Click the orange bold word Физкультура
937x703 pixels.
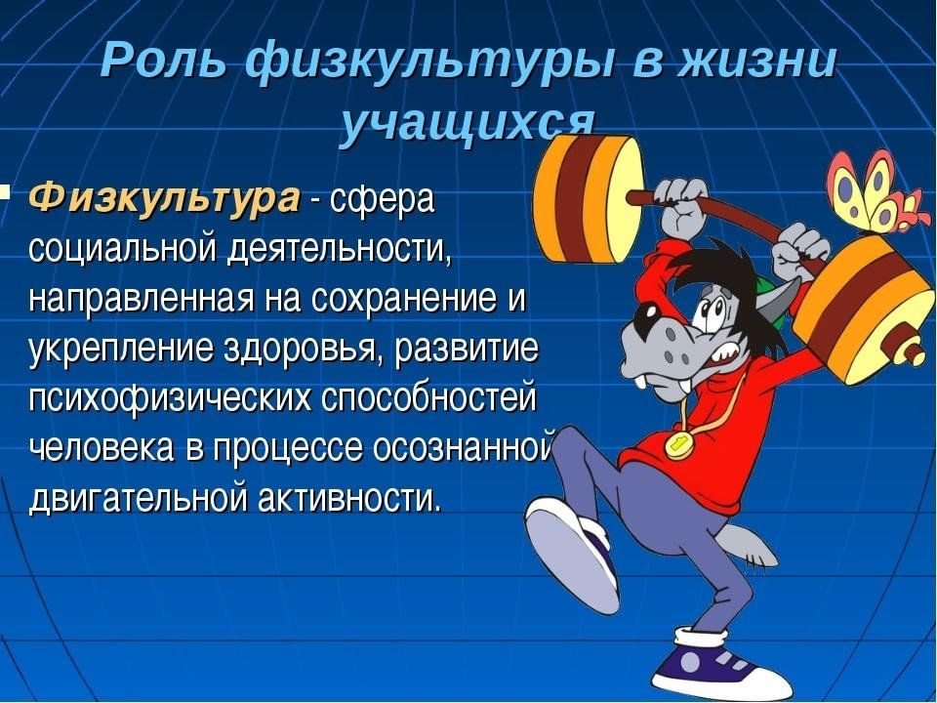(164, 198)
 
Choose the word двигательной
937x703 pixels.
(138, 497)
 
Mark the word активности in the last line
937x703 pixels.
(350, 496)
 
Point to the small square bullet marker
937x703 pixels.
(4, 192)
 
